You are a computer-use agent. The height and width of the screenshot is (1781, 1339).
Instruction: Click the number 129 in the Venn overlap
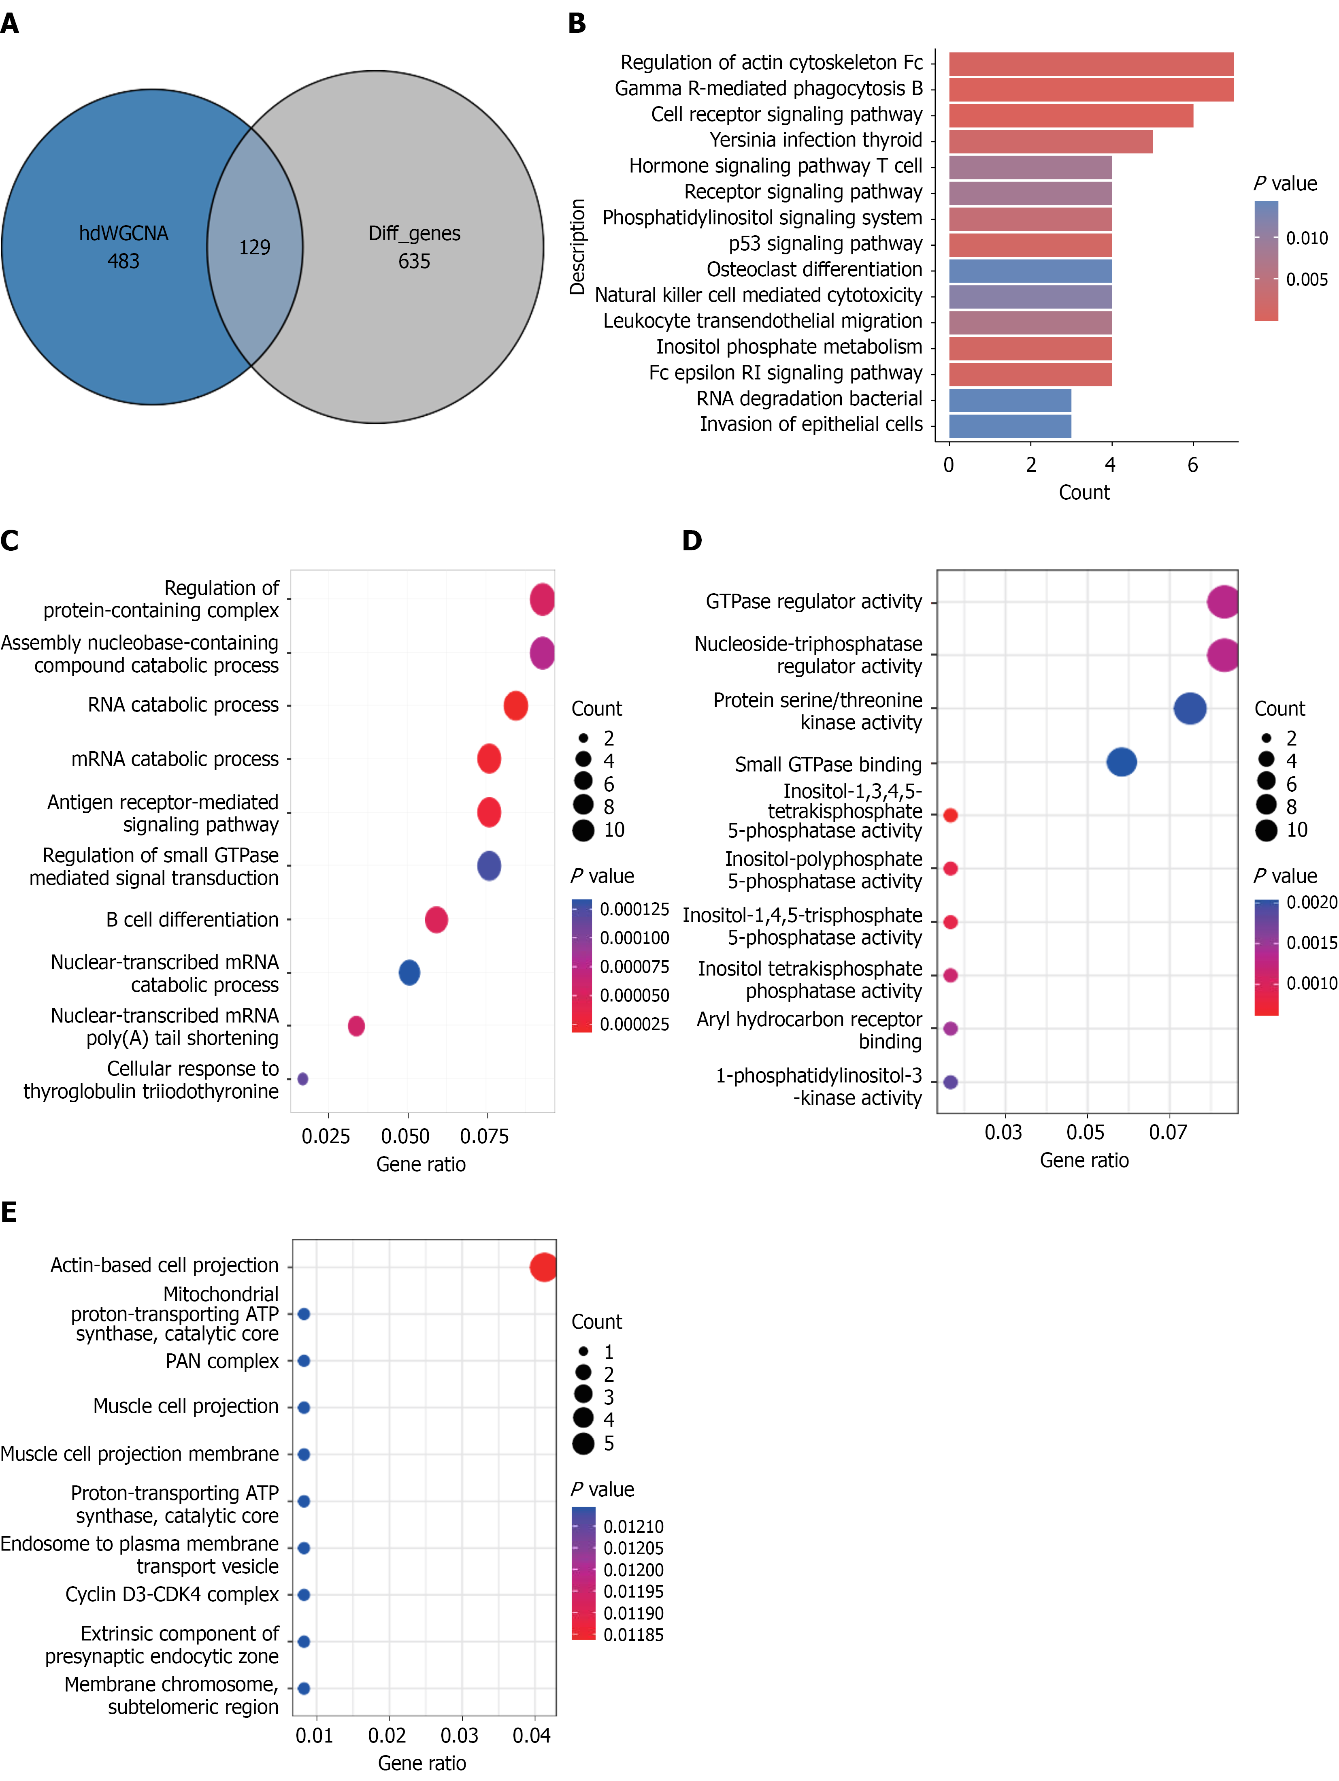pyautogui.click(x=254, y=247)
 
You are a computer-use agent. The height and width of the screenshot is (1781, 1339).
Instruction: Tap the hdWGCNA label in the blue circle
pyautogui.click(x=123, y=234)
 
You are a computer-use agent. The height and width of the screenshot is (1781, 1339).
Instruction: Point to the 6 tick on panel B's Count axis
pyautogui.click(x=1192, y=464)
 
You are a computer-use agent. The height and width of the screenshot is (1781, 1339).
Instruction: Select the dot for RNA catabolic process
pyautogui.click(x=515, y=705)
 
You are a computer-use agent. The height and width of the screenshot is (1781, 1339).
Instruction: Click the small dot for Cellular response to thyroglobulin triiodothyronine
pyautogui.click(x=303, y=1079)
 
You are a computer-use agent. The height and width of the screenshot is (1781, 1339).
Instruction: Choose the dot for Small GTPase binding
pyautogui.click(x=1122, y=762)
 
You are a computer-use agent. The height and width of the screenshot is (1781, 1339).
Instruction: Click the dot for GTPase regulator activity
pyautogui.click(x=1223, y=601)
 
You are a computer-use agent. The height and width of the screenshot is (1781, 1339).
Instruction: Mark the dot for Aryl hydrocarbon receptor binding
pyautogui.click(x=950, y=1028)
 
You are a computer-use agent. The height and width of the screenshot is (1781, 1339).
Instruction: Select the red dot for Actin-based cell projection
pyautogui.click(x=543, y=1267)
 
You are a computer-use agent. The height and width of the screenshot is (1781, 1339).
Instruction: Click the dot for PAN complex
pyautogui.click(x=304, y=1361)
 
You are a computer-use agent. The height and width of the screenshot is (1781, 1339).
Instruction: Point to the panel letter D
pyautogui.click(x=692, y=540)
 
